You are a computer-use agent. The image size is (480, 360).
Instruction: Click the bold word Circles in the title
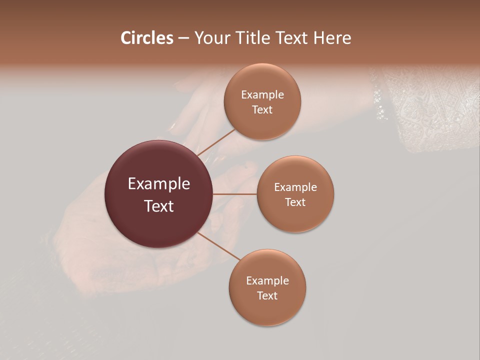pos(147,38)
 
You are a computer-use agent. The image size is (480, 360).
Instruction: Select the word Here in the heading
pos(332,38)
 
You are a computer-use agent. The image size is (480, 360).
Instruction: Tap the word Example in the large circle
pos(159,184)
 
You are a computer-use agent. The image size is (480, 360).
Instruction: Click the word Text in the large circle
pos(159,206)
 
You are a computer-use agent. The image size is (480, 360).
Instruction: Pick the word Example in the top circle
pos(262,94)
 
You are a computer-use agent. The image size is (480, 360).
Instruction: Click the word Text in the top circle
pos(262,109)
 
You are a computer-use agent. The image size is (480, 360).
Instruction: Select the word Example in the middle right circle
pos(295,187)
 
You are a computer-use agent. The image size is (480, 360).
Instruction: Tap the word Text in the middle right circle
pos(295,202)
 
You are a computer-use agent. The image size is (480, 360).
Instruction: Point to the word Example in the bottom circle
pos(267,280)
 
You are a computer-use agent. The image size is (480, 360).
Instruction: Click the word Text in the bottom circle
pos(267,295)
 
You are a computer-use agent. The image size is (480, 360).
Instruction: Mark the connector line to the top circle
pos(216,142)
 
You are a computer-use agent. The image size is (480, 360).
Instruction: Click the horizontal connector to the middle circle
pos(235,194)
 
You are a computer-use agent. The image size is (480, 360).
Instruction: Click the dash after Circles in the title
pos(183,38)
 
